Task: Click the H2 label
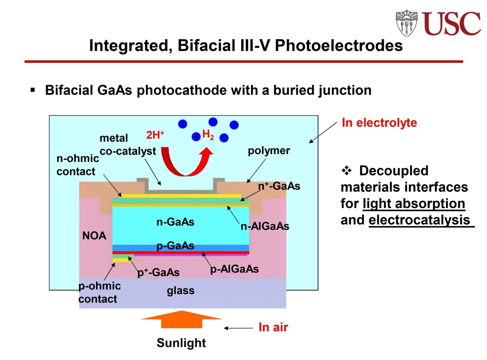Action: tap(208, 135)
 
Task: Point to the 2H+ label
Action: tap(155, 135)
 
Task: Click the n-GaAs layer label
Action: tap(175, 222)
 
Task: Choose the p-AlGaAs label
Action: tap(234, 269)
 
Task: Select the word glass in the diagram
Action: tap(181, 290)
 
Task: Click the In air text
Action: tap(273, 328)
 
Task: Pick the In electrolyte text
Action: tap(379, 123)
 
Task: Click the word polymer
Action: tap(268, 151)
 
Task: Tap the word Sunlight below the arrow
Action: tap(181, 343)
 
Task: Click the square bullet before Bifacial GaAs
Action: tap(33, 90)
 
